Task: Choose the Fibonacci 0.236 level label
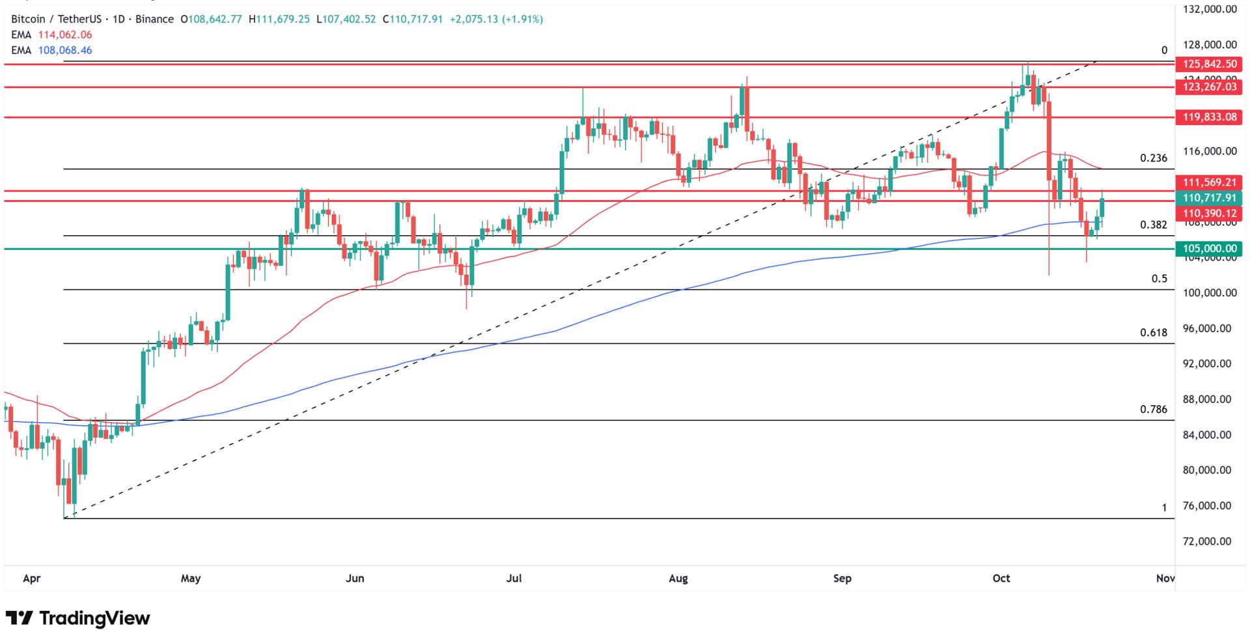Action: pyautogui.click(x=1153, y=158)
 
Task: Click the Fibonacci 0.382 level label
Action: pyautogui.click(x=1153, y=225)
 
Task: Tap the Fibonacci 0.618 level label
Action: pyautogui.click(x=1153, y=333)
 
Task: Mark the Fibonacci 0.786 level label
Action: pyautogui.click(x=1153, y=410)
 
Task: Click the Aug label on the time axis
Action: pyautogui.click(x=678, y=578)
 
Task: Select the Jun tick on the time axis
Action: pyautogui.click(x=355, y=578)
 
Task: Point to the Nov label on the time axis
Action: pyautogui.click(x=1165, y=578)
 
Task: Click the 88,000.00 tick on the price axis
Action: pyautogui.click(x=1210, y=399)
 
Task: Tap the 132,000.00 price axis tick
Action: pyautogui.click(x=1210, y=9)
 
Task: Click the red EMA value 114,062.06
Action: pyautogui.click(x=64, y=35)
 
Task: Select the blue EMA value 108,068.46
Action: pyautogui.click(x=64, y=50)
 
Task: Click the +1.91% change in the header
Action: pyautogui.click(x=522, y=20)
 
